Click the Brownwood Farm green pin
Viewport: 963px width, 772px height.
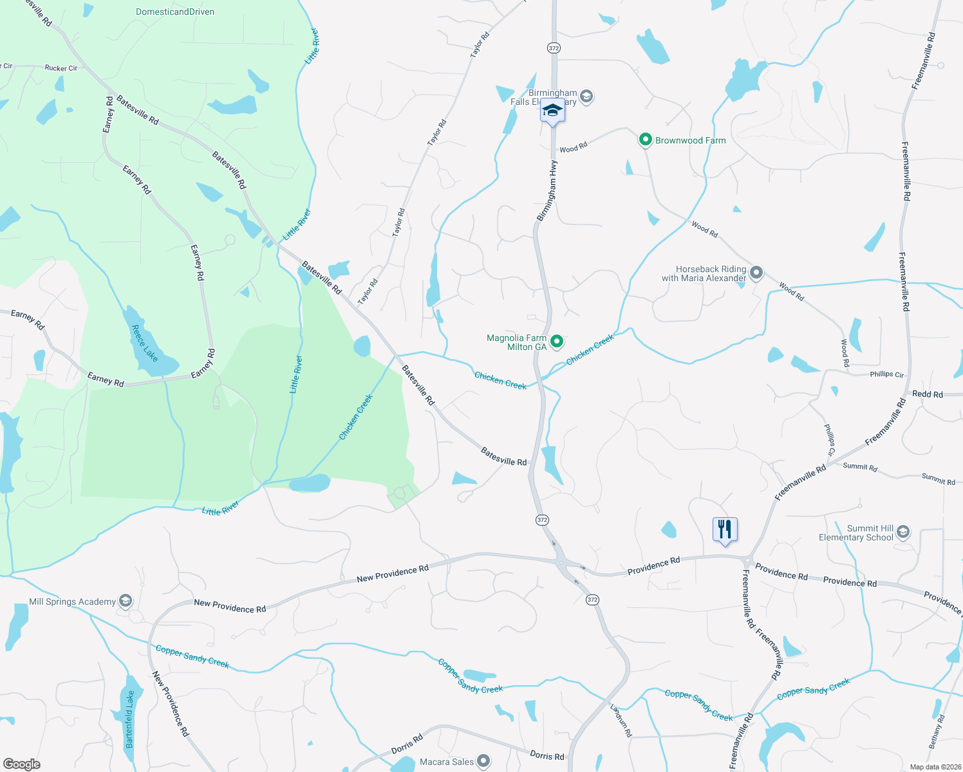(645, 140)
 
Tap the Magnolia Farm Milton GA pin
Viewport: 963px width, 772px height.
(557, 342)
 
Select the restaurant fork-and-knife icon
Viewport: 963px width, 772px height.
(725, 529)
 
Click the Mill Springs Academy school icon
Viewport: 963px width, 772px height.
(126, 602)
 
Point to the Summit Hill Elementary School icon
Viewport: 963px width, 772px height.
(902, 532)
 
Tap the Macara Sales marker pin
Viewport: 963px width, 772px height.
(484, 762)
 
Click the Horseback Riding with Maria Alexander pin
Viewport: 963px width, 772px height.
(756, 273)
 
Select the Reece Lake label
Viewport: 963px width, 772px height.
(144, 342)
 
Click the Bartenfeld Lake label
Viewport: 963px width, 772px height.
(130, 719)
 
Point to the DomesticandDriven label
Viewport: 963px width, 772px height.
(175, 12)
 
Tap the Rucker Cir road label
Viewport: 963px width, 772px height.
(61, 68)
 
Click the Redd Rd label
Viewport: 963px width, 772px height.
(928, 394)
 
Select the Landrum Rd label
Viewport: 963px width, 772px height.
(621, 720)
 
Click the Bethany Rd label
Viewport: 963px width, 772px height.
(937, 731)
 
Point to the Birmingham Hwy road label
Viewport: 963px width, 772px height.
(547, 191)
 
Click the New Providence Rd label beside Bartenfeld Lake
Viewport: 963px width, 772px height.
(171, 704)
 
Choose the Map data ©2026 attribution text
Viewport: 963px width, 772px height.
(933, 767)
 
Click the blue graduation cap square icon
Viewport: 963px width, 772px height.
(552, 111)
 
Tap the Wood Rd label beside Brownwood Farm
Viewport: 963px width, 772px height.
(573, 148)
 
